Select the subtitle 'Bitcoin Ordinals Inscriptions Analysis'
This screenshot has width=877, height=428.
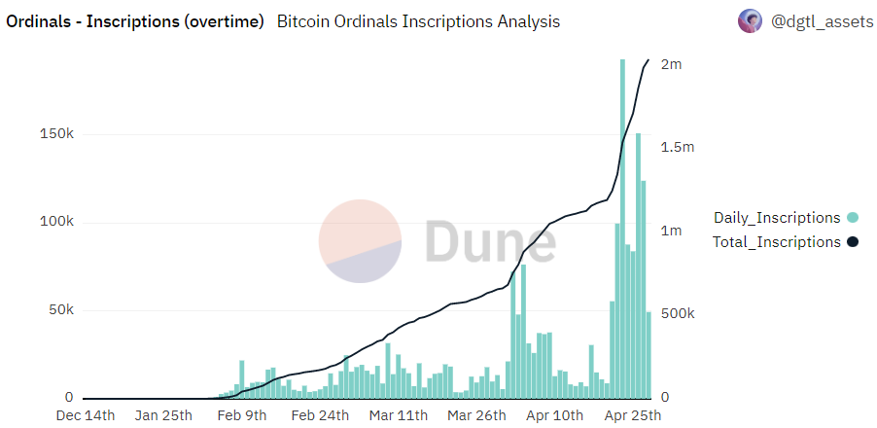pyautogui.click(x=418, y=21)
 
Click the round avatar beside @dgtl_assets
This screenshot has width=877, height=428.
pyautogui.click(x=750, y=21)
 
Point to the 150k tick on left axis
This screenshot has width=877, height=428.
pyautogui.click(x=55, y=134)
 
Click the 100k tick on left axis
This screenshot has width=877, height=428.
pyautogui.click(x=55, y=222)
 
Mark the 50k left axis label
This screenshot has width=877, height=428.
pyautogui.click(x=59, y=310)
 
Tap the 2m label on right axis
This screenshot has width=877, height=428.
pyautogui.click(x=671, y=64)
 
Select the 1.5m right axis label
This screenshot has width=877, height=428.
pyautogui.click(x=678, y=147)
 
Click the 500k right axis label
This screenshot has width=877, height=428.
pyautogui.click(x=678, y=314)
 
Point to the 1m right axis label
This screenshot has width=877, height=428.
pyautogui.click(x=671, y=231)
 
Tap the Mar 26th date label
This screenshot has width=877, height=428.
pyautogui.click(x=476, y=415)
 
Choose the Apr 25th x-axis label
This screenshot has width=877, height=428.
pyautogui.click(x=632, y=415)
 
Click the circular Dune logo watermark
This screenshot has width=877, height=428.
pyautogui.click(x=361, y=241)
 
